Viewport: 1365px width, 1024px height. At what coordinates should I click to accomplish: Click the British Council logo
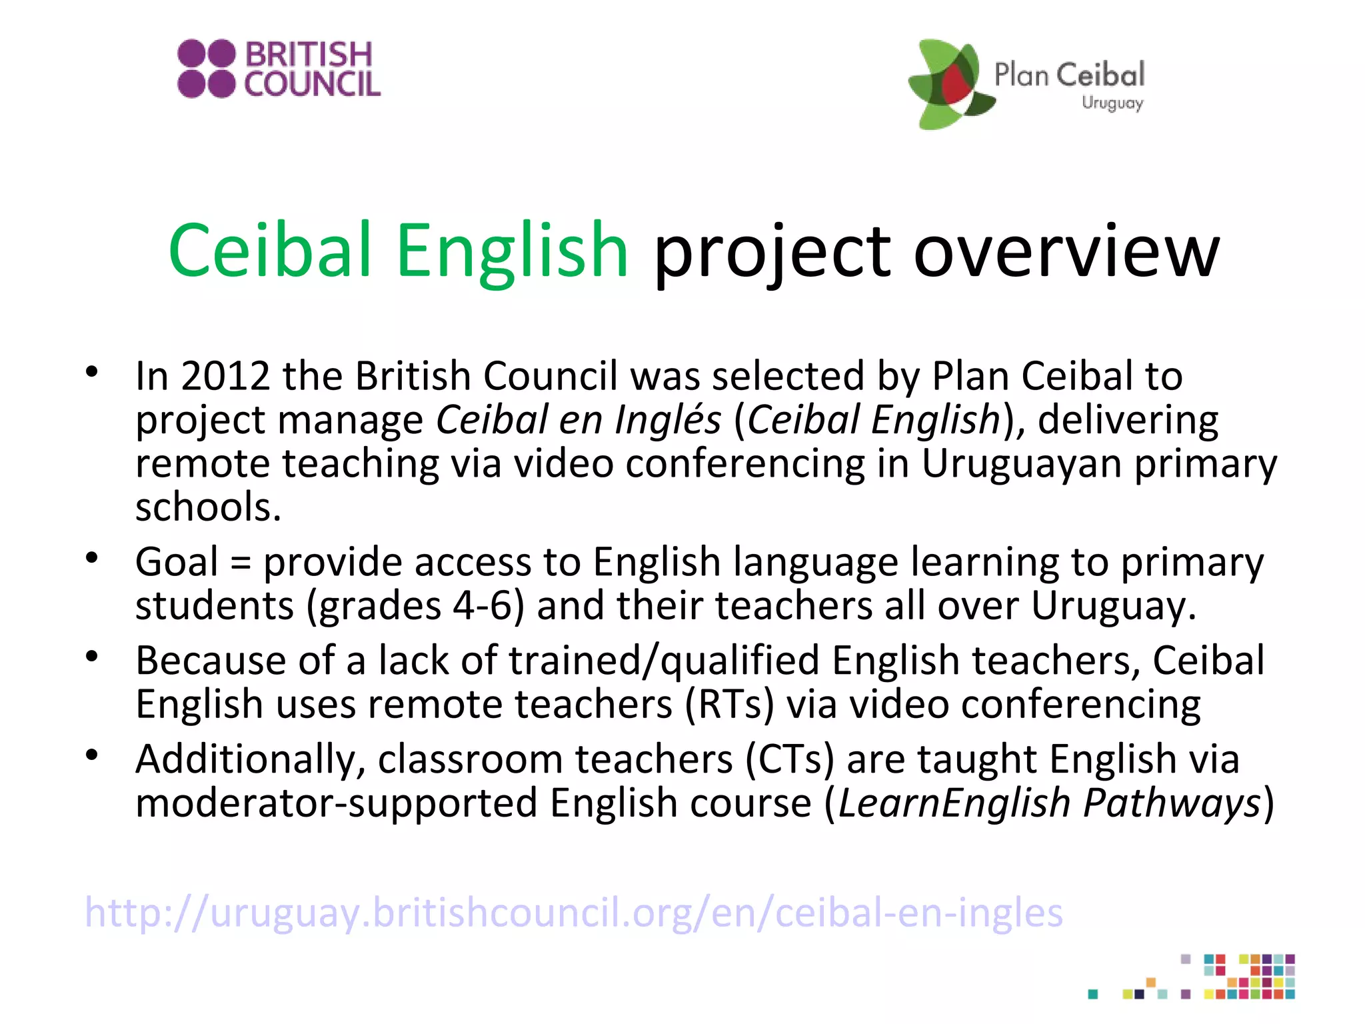[x=279, y=69]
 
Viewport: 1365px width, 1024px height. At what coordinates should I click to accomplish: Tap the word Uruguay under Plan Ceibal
[x=1112, y=103]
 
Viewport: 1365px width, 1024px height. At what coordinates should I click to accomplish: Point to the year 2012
[x=225, y=376]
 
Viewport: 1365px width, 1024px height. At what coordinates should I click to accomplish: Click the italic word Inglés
[x=668, y=420]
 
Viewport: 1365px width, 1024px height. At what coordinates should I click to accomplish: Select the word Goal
[x=177, y=562]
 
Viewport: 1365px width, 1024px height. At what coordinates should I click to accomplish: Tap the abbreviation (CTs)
[x=790, y=760]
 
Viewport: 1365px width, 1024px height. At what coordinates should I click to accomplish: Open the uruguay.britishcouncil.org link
[x=573, y=913]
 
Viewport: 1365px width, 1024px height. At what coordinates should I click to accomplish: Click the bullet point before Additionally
[x=92, y=755]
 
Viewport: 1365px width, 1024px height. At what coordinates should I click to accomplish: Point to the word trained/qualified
[x=664, y=661]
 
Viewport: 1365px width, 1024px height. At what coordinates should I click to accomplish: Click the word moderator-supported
[x=336, y=803]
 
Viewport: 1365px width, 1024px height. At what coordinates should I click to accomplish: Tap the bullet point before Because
[x=92, y=657]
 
